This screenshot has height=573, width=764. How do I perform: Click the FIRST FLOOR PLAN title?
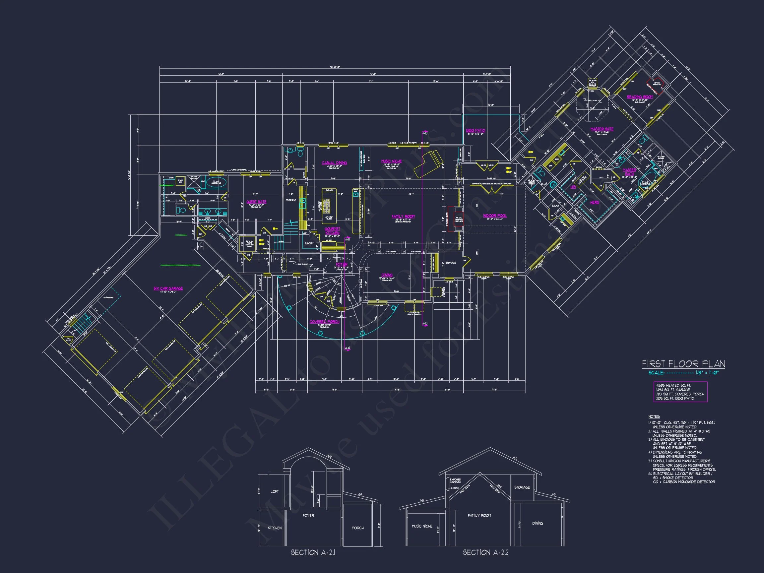click(x=683, y=364)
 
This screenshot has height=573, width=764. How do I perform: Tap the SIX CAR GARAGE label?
click(x=168, y=288)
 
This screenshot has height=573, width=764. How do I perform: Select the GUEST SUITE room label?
click(x=256, y=202)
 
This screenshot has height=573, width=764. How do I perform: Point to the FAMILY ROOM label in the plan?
click(x=403, y=217)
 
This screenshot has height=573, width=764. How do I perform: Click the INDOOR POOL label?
click(x=495, y=216)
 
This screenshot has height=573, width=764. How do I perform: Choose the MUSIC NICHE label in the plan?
click(x=391, y=161)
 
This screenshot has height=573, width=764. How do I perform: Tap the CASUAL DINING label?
click(x=334, y=163)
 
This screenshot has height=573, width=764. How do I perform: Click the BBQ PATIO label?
click(x=476, y=131)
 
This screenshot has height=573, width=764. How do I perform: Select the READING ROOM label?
click(x=640, y=97)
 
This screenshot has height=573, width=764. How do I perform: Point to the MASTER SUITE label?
click(x=602, y=129)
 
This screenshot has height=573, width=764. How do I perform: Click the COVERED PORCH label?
click(x=324, y=322)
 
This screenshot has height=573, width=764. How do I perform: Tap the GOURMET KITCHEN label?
click(x=332, y=231)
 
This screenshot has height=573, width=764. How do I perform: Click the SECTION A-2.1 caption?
click(x=313, y=553)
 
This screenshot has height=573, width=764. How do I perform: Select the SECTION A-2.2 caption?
click(x=485, y=553)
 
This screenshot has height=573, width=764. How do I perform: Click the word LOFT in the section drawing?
click(x=275, y=491)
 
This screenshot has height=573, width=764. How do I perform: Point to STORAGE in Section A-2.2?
click(x=522, y=487)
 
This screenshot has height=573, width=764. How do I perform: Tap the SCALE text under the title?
click(x=656, y=373)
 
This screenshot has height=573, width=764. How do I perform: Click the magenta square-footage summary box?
click(x=680, y=392)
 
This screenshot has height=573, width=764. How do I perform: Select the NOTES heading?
click(x=654, y=416)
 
